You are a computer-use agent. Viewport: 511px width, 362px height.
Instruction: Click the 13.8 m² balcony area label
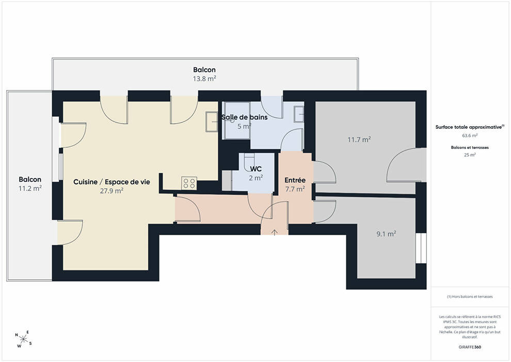(204, 79)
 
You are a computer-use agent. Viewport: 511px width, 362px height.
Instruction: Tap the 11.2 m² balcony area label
(30, 188)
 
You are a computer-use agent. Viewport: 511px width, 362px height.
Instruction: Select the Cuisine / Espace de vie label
(112, 182)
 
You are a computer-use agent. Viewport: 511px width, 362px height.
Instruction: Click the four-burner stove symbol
(189, 183)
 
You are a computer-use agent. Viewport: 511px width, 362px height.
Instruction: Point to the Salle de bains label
(245, 117)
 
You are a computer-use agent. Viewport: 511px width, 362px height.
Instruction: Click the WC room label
(256, 169)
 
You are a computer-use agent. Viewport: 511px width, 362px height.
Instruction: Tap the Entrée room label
(295, 180)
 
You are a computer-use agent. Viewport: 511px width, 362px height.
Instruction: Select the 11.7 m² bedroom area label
(359, 140)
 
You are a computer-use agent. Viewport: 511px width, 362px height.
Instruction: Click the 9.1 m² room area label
(386, 234)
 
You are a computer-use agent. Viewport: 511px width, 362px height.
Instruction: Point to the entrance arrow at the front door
(275, 232)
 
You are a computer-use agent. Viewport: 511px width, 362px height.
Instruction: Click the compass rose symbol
(23, 339)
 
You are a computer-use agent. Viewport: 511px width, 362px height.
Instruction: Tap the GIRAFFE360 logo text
(470, 347)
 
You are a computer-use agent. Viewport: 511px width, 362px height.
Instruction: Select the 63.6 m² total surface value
(470, 135)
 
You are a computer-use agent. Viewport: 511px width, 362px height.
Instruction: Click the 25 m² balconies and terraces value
(470, 155)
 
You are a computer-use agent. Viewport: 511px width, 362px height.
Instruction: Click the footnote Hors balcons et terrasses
(470, 297)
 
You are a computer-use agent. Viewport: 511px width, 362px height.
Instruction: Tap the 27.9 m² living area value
(111, 191)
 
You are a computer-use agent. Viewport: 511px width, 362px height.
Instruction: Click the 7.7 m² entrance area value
(295, 189)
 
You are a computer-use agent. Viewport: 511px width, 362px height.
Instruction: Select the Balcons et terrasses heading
(470, 147)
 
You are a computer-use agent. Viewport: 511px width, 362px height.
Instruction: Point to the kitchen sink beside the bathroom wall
(212, 122)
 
